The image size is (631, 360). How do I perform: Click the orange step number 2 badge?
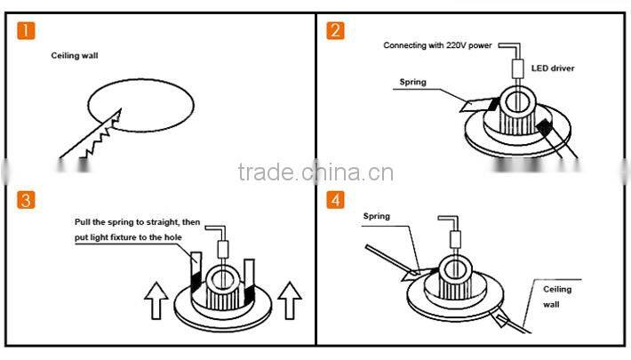pyautogui.click(x=335, y=32)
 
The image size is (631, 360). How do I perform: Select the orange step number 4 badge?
pyautogui.click(x=335, y=200)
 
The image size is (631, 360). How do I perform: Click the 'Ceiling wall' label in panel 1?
pyautogui.click(x=75, y=56)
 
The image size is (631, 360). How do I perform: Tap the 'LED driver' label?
pyautogui.click(x=551, y=68)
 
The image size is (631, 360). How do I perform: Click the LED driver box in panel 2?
pyautogui.click(x=517, y=68)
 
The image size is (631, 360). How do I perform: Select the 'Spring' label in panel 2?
pyautogui.click(x=413, y=82)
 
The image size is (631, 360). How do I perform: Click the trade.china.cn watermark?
pyautogui.click(x=315, y=171)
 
